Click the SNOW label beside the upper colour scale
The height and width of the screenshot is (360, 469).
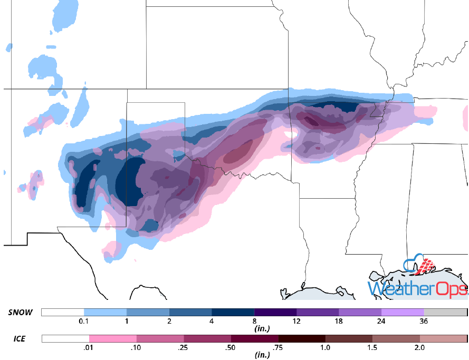coord(20,313)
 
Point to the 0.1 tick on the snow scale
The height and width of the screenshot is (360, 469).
coord(83,322)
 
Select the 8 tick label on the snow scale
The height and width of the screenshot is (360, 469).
coord(254,322)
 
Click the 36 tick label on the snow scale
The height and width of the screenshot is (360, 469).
coord(424,322)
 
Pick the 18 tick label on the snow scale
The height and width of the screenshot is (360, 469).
coord(339,322)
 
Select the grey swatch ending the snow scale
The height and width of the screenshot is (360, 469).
coord(445,313)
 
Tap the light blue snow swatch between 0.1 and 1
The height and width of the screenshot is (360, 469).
coord(105,313)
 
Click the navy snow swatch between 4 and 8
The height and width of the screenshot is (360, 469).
coord(233,313)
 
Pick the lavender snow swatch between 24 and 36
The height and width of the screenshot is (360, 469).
coord(403,313)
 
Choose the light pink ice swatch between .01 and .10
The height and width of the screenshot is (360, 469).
coord(112,338)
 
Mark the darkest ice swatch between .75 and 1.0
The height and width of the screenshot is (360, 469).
coord(302,338)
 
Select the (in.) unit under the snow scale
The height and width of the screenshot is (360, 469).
coord(254,329)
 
